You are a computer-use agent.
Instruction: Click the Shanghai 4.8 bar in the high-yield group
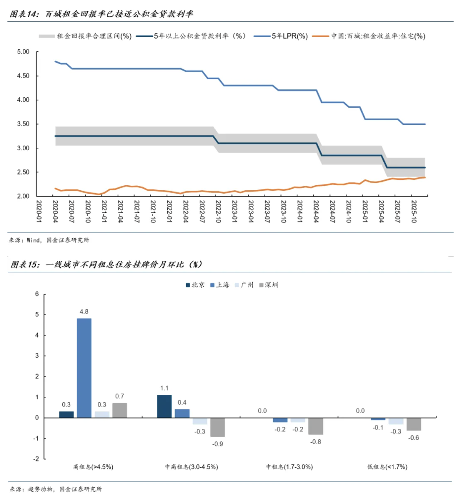click(84, 368)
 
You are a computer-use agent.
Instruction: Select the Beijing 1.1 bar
click(164, 406)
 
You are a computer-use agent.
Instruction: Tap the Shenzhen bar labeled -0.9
click(217, 427)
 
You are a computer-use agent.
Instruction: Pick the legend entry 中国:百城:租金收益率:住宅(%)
click(378, 36)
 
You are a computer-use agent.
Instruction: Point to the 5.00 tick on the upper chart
click(23, 52)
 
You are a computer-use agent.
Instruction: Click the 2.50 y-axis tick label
click(23, 172)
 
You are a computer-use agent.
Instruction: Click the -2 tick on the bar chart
click(36, 459)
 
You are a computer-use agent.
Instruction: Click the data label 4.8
click(84, 312)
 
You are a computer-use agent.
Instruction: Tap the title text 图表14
click(24, 14)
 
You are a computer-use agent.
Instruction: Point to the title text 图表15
click(24, 265)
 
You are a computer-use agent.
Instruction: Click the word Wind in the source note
click(34, 241)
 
